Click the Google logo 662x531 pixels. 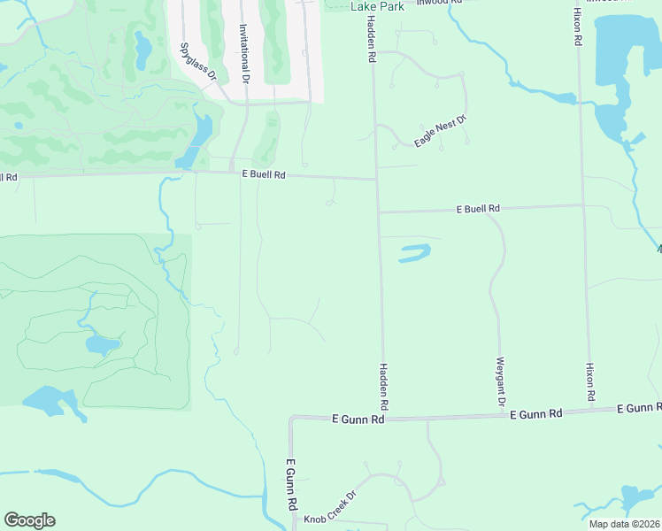click(29, 520)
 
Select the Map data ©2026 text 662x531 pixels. click(624, 524)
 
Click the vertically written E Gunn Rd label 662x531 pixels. click(289, 483)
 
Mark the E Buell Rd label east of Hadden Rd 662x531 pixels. click(478, 209)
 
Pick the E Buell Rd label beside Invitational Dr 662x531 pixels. click(264, 175)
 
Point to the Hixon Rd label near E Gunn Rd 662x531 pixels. click(589, 381)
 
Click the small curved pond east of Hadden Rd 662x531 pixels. click(414, 253)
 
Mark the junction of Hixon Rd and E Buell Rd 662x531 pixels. click(583, 205)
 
